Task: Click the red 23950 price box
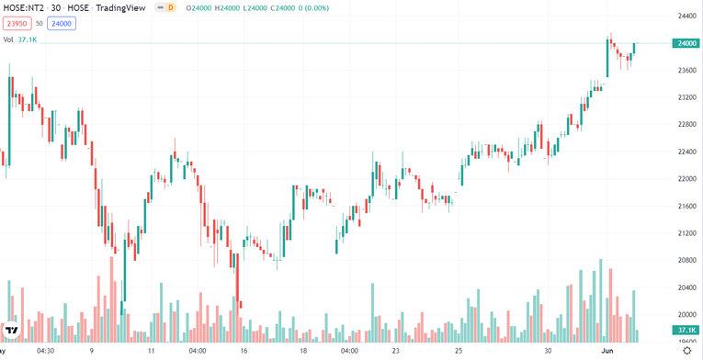[16, 24]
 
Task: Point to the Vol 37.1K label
[20, 39]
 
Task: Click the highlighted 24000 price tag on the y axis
[686, 43]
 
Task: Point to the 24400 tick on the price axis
[686, 16]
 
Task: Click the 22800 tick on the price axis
[686, 124]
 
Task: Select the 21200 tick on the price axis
[686, 233]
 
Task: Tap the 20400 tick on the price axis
[686, 287]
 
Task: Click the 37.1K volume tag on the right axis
[686, 330]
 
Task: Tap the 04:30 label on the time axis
[46, 350]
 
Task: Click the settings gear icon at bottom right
[686, 350]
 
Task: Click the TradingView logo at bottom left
[12, 330]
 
